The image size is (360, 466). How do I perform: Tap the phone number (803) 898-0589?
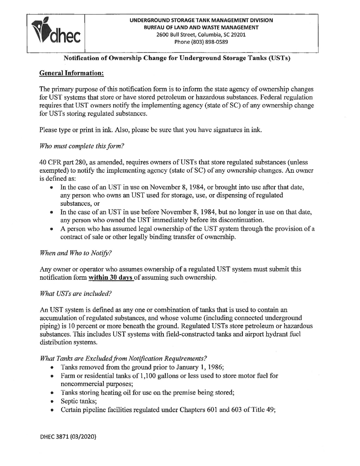pyautogui.click(x=201, y=42)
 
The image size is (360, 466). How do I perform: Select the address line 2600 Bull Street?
pyautogui.click(x=201, y=34)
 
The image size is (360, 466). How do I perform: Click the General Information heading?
pyautogui.click(x=72, y=73)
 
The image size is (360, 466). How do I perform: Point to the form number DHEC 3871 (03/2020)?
pyautogui.click(x=68, y=436)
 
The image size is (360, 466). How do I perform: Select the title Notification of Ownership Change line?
pyautogui.click(x=177, y=58)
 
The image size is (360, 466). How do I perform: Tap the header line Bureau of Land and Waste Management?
pyautogui.click(x=201, y=27)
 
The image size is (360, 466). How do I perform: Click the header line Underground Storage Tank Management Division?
pyautogui.click(x=201, y=20)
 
